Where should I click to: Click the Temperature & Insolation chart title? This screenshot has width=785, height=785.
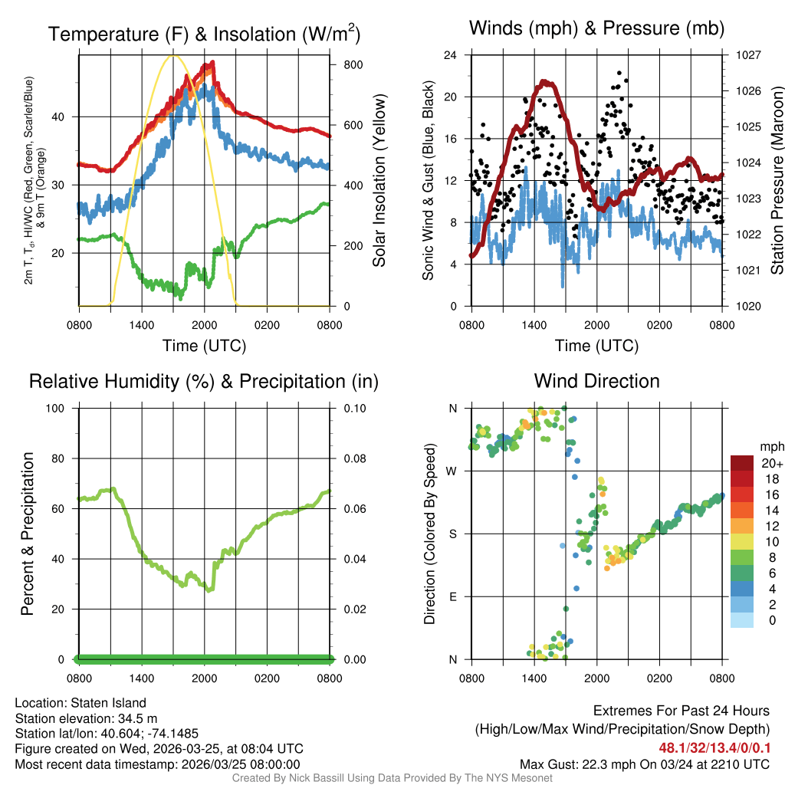[205, 34]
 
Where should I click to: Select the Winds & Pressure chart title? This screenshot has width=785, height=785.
[596, 28]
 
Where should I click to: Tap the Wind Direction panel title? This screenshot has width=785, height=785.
[596, 381]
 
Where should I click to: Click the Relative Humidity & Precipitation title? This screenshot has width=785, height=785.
[204, 381]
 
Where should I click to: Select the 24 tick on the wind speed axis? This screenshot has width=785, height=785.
[451, 55]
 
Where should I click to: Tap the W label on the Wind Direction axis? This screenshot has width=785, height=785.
[453, 471]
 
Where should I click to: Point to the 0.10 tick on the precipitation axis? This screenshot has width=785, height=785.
[356, 408]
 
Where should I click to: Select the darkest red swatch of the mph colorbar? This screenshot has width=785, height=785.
[742, 464]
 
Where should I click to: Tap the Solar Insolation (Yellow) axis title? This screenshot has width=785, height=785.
[379, 180]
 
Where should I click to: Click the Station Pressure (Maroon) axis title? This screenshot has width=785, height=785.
[777, 180]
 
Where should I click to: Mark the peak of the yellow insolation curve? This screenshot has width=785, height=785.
[172, 55]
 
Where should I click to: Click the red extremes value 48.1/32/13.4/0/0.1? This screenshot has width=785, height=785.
[714, 747]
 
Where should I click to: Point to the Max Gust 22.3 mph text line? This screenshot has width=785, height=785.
[645, 764]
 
